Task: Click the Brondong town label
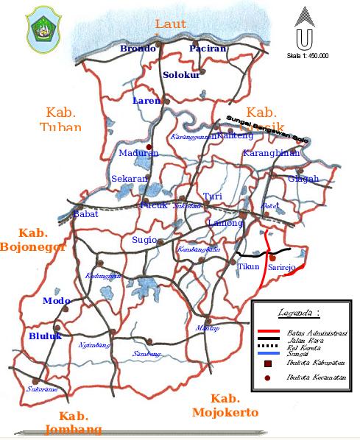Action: (138, 49)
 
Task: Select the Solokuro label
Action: (181, 75)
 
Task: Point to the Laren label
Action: (146, 101)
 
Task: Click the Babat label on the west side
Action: (85, 214)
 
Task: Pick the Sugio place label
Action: (144, 240)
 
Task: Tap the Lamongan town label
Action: (225, 222)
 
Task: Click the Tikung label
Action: (248, 267)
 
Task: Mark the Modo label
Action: (56, 301)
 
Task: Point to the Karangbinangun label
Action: (272, 154)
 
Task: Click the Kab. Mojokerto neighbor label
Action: (225, 405)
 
